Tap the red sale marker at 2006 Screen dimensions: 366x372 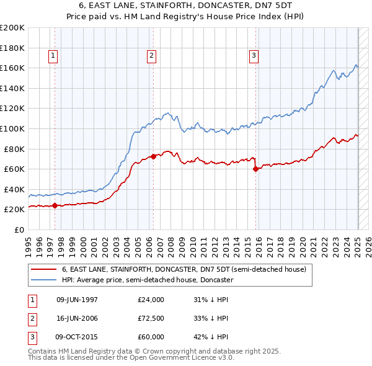[153, 156]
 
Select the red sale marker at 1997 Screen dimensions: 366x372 [55, 205]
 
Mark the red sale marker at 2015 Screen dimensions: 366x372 [255, 169]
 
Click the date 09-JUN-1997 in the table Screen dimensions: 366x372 [77, 300]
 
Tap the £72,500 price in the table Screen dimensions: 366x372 [151, 318]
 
